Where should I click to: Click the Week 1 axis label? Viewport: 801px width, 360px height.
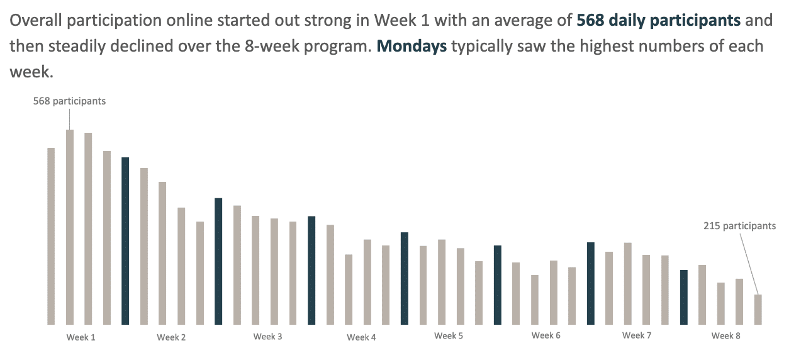[81, 337]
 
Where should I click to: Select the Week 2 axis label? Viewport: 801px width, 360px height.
[171, 337]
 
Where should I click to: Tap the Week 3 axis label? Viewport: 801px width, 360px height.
[267, 337]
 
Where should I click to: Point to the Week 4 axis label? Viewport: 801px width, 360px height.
[361, 337]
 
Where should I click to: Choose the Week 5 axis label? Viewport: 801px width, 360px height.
[449, 336]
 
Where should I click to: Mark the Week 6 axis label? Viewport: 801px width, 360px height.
[546, 336]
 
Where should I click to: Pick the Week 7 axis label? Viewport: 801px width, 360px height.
[637, 335]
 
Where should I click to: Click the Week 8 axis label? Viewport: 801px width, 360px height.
[725, 335]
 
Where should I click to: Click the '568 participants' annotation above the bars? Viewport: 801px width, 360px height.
[69, 101]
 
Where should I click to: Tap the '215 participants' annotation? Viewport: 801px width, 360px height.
[739, 226]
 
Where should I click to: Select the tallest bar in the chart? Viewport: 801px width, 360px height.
[70, 227]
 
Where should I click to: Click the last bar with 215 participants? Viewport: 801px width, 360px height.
[758, 310]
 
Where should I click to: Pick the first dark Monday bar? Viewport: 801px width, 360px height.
[125, 240]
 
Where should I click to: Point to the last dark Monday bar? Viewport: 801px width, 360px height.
[683, 297]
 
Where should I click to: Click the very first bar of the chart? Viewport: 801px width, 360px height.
[51, 236]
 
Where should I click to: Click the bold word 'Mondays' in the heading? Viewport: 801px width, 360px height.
[412, 47]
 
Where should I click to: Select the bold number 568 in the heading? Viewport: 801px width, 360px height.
[590, 20]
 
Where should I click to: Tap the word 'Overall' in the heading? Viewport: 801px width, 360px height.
[37, 20]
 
